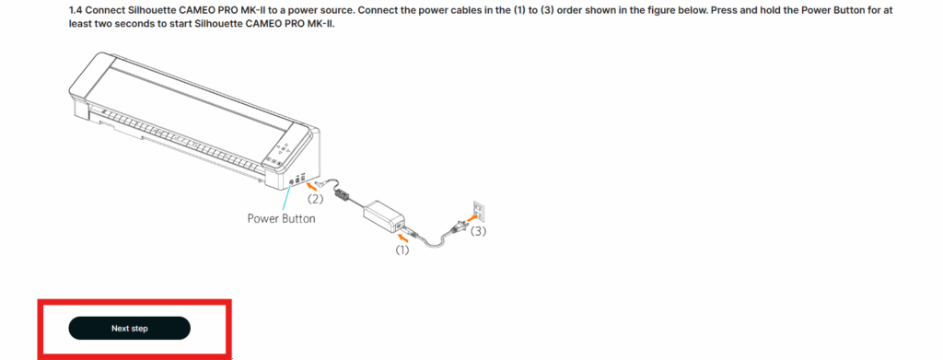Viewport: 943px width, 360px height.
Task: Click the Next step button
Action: point(129,328)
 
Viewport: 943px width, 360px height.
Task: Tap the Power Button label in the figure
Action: point(281,219)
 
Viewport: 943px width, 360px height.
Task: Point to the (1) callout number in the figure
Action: point(402,250)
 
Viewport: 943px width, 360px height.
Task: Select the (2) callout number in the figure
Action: point(316,199)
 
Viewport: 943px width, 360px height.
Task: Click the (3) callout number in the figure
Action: point(478,231)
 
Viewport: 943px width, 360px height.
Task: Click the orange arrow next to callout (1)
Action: point(408,238)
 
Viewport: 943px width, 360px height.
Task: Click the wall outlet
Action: point(479,211)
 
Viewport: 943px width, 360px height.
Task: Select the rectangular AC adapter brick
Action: point(384,217)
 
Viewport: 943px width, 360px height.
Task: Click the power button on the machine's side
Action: point(292,180)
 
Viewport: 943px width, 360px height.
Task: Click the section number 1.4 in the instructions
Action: point(76,11)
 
